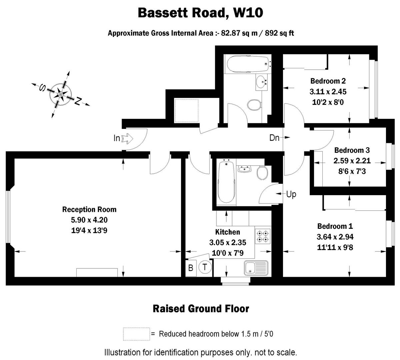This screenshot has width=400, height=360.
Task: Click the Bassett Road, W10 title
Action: pos(200,13)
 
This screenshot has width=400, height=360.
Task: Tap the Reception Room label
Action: pos(89,209)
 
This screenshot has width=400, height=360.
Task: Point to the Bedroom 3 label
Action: pos(352,150)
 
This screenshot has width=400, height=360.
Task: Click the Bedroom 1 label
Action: pos(335,226)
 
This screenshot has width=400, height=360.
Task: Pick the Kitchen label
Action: pos(227,232)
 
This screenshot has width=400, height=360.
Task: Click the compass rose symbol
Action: pos(61,95)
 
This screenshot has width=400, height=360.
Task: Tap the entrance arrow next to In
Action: pos(128,138)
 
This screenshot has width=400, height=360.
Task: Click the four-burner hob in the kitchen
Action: pos(262,236)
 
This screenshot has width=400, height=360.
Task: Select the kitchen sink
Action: pos(256,268)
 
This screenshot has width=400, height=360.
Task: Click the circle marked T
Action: pos(205,267)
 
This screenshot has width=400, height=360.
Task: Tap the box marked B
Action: pos(191,268)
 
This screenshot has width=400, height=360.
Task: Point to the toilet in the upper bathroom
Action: pos(255,105)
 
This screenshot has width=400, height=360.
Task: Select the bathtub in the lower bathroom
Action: pos(227,182)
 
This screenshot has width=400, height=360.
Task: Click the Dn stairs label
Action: pos(274,138)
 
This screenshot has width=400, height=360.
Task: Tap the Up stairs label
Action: pos(291,194)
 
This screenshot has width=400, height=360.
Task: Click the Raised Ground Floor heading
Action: pos(201,309)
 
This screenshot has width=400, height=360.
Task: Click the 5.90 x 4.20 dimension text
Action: pos(89,220)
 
